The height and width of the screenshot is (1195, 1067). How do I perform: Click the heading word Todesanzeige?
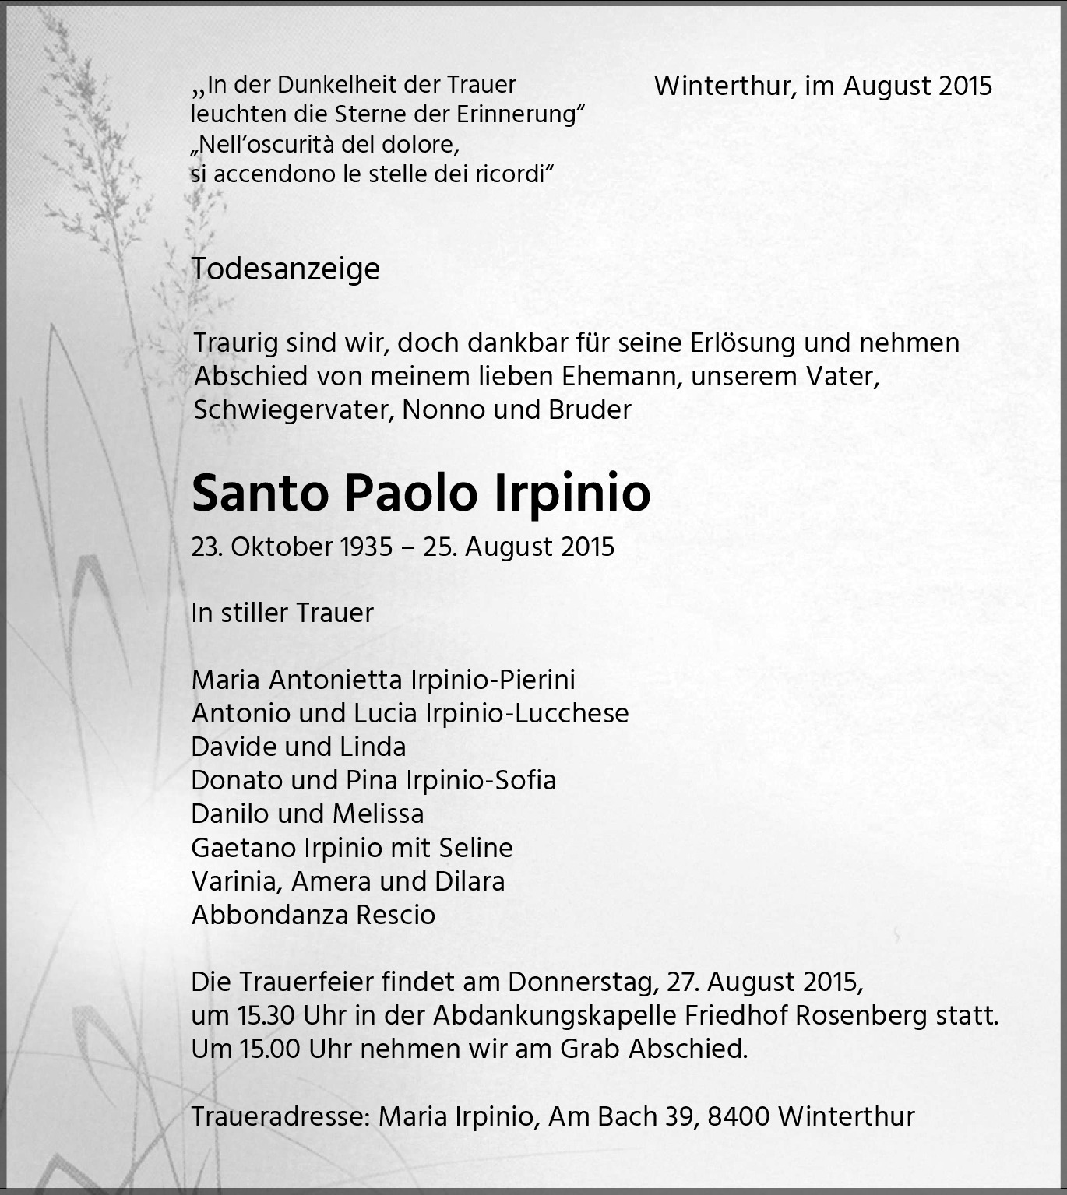(285, 269)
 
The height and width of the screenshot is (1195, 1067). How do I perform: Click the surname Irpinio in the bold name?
(572, 493)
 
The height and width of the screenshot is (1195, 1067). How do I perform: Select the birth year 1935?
(366, 547)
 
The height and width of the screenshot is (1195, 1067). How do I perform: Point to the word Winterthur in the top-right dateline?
(724, 86)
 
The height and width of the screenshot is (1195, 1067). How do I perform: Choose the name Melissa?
(378, 814)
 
